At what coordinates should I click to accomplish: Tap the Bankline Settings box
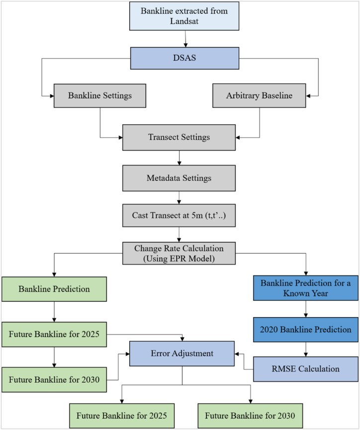click(x=100, y=95)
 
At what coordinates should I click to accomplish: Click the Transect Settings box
click(x=179, y=138)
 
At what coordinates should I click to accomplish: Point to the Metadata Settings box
click(x=179, y=177)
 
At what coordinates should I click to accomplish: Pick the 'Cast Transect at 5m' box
click(x=179, y=215)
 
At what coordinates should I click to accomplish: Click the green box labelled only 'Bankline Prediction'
click(x=54, y=289)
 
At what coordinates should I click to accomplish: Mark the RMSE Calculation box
click(x=305, y=369)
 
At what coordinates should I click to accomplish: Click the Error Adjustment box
click(x=181, y=353)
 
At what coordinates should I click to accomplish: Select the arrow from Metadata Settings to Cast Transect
click(x=179, y=196)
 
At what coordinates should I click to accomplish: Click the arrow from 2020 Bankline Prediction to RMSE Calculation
click(x=305, y=349)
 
